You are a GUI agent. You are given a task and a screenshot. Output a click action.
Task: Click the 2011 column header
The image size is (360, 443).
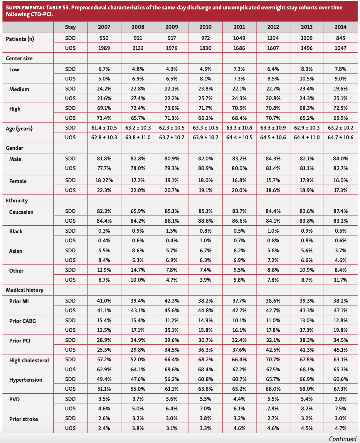[239, 27]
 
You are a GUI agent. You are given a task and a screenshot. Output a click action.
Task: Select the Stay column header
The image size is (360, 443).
[70, 27]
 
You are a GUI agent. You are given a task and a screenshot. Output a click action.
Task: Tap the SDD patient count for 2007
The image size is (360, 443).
[104, 38]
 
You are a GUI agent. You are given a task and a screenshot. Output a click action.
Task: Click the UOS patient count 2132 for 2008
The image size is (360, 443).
[138, 48]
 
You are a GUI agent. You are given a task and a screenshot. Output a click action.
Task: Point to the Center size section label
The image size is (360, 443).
[19, 58]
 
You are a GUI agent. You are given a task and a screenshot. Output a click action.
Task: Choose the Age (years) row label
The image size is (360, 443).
[19, 129]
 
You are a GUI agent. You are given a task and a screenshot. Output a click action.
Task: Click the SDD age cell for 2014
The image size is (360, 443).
[340, 128]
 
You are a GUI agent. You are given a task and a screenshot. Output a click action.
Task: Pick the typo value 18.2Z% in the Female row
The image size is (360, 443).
[104, 180]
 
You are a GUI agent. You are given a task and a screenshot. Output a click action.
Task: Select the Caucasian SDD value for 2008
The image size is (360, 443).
[138, 211]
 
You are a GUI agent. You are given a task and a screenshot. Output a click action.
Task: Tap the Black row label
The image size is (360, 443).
[16, 231]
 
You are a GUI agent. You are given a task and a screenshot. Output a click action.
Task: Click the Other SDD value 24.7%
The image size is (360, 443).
[138, 270]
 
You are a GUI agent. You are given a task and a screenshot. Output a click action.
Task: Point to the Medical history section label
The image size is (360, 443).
[24, 290]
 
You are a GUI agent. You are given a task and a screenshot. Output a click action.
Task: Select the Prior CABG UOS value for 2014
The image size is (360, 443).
[340, 330]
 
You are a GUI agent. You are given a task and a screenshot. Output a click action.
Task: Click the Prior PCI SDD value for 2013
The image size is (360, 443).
[307, 340]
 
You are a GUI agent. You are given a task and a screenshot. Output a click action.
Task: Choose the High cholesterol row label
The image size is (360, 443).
[29, 360]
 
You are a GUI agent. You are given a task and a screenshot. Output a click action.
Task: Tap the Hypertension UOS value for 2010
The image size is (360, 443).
[205, 389]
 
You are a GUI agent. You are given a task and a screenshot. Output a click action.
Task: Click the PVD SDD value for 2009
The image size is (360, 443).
[171, 399]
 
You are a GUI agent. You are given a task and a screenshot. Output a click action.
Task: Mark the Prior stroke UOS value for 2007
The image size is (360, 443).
[104, 428]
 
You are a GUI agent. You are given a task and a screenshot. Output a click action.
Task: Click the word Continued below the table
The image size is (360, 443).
[342, 439]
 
